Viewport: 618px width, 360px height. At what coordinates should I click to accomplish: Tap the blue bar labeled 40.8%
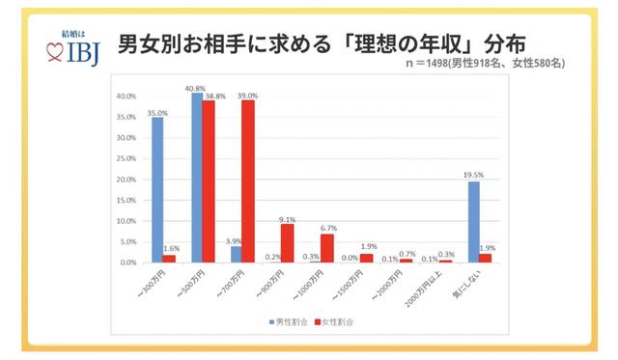(x=197, y=178)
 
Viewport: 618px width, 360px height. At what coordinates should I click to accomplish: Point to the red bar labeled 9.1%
(x=287, y=243)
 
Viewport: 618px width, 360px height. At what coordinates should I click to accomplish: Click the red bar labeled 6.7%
(x=326, y=248)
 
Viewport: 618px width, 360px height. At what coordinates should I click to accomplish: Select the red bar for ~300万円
(x=169, y=259)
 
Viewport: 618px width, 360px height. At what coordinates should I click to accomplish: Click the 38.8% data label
(x=215, y=97)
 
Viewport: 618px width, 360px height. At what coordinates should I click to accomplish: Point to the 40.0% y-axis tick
(x=126, y=97)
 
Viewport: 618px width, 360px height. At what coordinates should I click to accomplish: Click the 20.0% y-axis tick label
(x=126, y=180)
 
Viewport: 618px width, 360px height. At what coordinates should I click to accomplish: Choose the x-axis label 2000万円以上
(x=431, y=285)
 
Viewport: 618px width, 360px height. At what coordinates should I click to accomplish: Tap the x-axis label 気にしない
(x=473, y=282)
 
